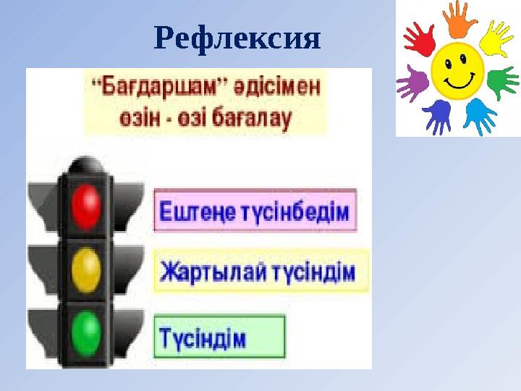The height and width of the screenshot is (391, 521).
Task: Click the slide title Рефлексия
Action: pos(237,39)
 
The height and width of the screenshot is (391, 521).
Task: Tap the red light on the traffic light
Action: pos(88,205)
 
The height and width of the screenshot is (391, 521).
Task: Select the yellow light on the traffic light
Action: pos(88,269)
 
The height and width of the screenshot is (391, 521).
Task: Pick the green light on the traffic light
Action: pos(88,332)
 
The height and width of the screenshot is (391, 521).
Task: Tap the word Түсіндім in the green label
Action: pos(203,337)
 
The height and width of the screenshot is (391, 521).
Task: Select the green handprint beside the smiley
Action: pos(501,82)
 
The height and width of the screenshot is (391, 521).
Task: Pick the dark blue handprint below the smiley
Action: pos(437,116)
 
